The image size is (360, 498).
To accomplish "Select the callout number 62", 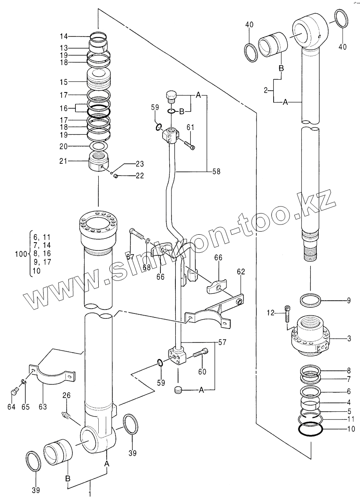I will click(241, 273).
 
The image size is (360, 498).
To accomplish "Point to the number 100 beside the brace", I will click(21, 254).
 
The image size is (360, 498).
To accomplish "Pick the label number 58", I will click(216, 171).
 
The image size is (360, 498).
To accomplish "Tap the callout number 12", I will click(271, 313).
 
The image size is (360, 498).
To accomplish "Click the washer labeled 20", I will click(99, 146).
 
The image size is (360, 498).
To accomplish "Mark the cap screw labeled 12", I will click(288, 313).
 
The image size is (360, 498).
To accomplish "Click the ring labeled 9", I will click(310, 301).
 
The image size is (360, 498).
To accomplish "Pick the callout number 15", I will click(64, 81).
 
